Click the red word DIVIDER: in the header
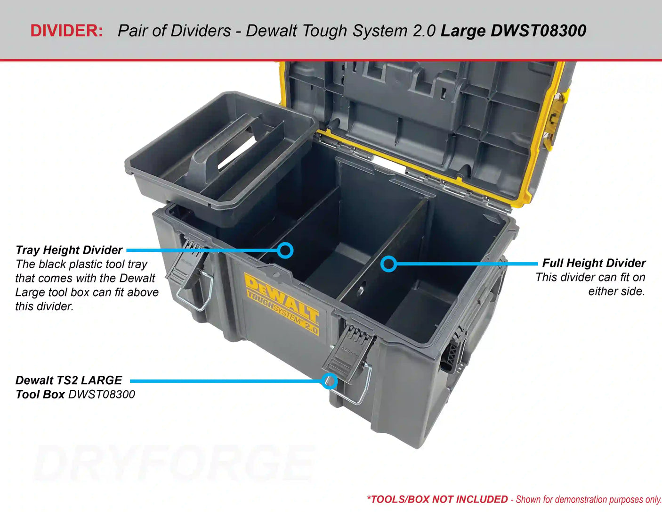(x=66, y=31)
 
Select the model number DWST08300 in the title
(x=538, y=31)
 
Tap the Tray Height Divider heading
(x=69, y=250)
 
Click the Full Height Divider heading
(x=594, y=263)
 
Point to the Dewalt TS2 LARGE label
(x=69, y=380)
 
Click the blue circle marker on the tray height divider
(x=285, y=250)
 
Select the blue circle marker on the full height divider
(x=388, y=264)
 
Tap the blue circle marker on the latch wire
(x=330, y=380)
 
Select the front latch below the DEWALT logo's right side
(x=348, y=351)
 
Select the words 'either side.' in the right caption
(x=616, y=291)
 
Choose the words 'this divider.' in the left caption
(x=44, y=306)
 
